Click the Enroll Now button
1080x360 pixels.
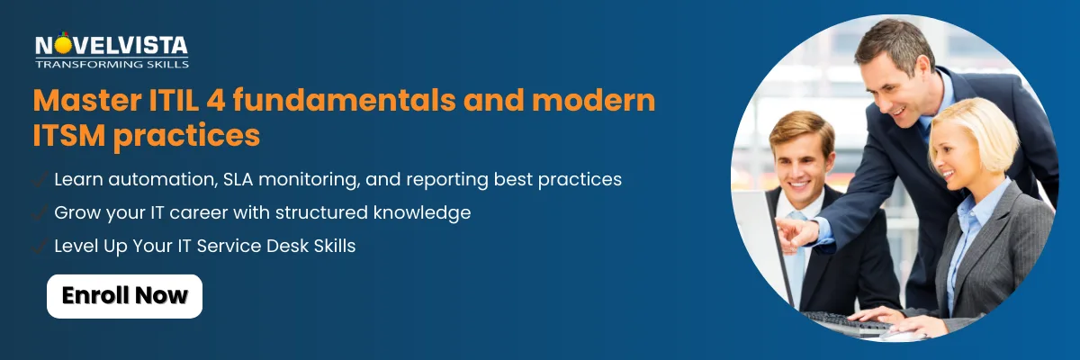tap(124, 296)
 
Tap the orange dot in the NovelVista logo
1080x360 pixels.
tap(62, 45)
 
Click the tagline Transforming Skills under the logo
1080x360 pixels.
tap(112, 64)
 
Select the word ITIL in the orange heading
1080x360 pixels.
tap(175, 100)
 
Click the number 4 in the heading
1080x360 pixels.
tap(216, 100)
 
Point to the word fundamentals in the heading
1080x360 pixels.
tap(344, 100)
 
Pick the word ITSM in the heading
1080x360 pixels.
tap(69, 135)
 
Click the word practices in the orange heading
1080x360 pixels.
tap(186, 137)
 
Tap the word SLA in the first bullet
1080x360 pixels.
tap(238, 179)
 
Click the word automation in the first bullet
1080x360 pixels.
tap(160, 179)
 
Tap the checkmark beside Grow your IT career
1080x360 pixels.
tap(40, 212)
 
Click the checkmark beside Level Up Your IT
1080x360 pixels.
tap(40, 246)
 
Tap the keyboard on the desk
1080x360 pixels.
tap(849, 323)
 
